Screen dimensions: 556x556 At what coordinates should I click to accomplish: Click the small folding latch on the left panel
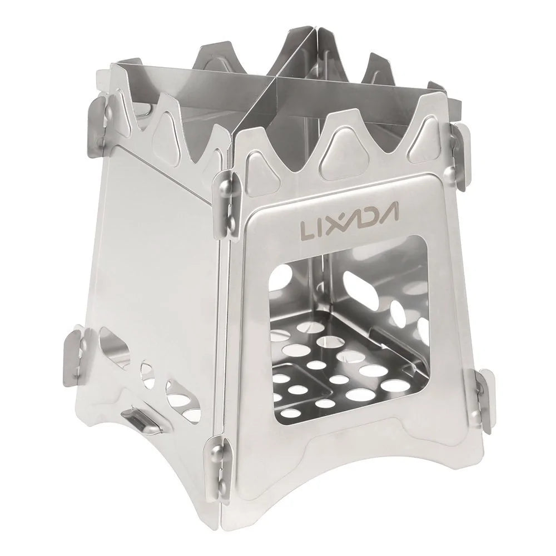pos(141,418)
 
